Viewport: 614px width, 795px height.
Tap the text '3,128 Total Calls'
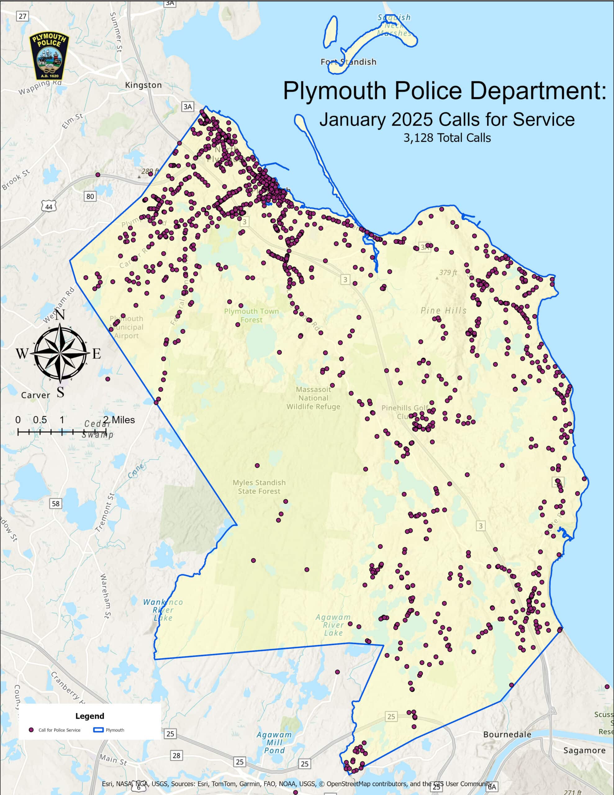[x=447, y=138]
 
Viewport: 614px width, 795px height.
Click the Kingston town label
[x=143, y=85]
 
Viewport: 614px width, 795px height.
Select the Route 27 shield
[x=23, y=16]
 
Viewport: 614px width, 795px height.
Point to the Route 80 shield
[x=90, y=197]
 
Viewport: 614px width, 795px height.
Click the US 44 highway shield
[x=49, y=207]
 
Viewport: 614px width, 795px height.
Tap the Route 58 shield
[x=55, y=503]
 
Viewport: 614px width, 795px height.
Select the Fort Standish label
[x=348, y=62]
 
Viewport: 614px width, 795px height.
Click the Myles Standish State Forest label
[x=259, y=487]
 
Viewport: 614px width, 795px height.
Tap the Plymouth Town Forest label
[x=251, y=315]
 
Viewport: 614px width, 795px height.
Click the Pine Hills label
[x=443, y=311]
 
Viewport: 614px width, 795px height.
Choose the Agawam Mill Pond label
[x=274, y=743]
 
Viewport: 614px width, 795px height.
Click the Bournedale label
[x=507, y=734]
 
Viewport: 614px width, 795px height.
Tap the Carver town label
[x=36, y=395]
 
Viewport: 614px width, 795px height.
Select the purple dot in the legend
[x=31, y=730]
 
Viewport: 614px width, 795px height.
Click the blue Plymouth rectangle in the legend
[x=98, y=730]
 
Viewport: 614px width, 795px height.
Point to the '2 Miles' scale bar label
[x=119, y=420]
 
